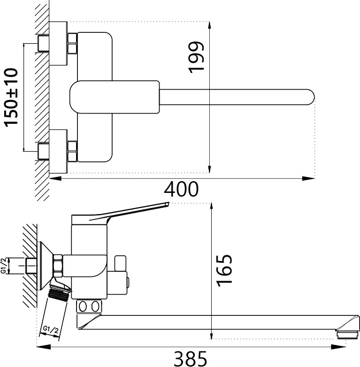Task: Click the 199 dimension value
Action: click(196, 58)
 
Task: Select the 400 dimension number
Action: click(181, 189)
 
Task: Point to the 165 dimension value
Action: click(224, 270)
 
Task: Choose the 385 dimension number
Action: click(191, 359)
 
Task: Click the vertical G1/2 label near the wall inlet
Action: click(3, 266)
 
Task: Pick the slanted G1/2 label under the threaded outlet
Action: click(51, 330)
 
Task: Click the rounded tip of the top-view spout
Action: click(313, 97)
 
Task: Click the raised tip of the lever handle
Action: click(167, 204)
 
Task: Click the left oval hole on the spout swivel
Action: click(83, 306)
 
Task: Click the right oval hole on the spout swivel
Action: click(95, 306)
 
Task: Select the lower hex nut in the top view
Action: click(72, 151)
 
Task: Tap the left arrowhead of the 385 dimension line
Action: click(44, 347)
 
